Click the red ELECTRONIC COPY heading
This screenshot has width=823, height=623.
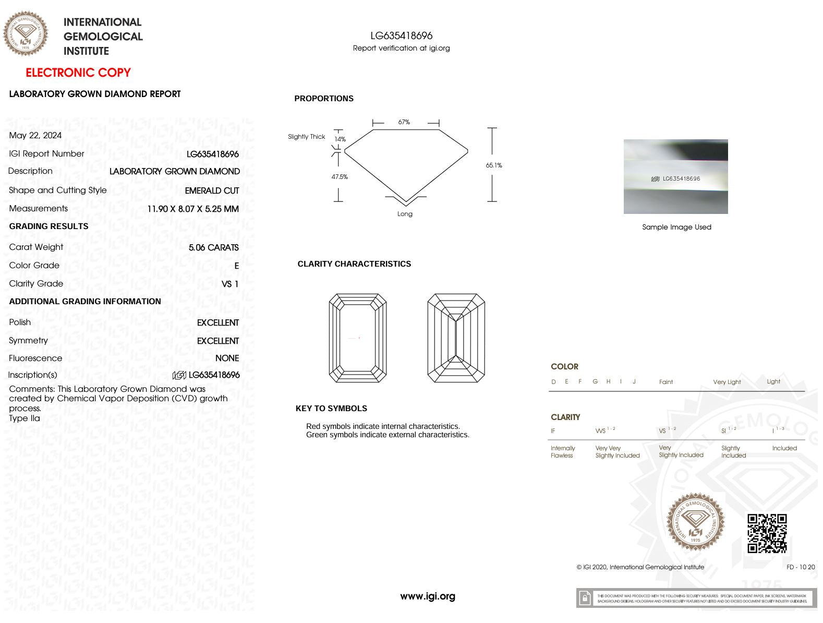pos(78,73)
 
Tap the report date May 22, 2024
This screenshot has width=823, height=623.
pos(35,135)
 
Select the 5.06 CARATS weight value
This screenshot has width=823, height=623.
pos(214,247)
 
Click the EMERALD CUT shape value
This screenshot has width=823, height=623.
pos(212,190)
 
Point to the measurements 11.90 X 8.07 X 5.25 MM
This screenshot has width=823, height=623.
pos(193,209)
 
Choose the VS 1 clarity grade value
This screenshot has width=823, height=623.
pos(230,284)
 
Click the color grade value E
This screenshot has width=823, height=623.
pos(236,266)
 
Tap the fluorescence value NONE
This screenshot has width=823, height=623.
pos(227,358)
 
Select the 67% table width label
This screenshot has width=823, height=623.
pos(404,122)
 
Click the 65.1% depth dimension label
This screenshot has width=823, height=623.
pos(494,165)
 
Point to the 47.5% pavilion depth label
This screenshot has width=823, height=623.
pos(340,177)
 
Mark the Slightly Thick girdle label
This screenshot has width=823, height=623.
pos(307,137)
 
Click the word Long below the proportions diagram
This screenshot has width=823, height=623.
pos(405,214)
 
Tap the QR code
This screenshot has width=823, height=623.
pos(767,533)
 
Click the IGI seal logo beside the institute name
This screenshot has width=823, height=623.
pos(25,33)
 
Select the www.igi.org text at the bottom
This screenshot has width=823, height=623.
pos(428,596)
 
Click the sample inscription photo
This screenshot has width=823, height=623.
pos(675,176)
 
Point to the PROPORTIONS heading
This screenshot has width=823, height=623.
pos(324,99)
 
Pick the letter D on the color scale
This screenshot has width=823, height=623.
pos(553,382)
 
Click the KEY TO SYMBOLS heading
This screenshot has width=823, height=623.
pos(331,409)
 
